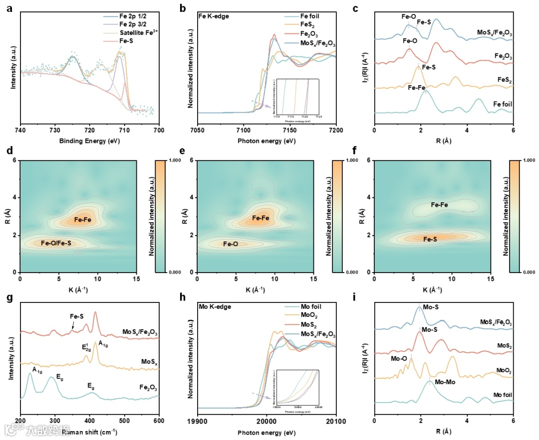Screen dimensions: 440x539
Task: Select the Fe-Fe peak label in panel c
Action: [416, 88]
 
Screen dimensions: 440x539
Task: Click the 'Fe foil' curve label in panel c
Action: [503, 104]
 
